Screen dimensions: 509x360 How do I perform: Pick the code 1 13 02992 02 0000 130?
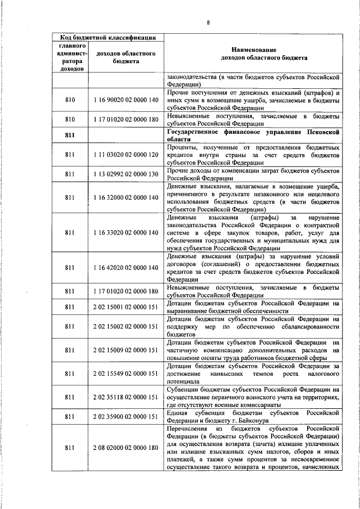tap(126, 174)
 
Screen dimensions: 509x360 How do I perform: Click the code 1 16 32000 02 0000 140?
tap(126, 197)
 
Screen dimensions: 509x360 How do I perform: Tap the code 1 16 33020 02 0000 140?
tap(126, 233)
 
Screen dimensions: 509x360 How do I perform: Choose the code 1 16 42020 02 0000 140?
tap(126, 268)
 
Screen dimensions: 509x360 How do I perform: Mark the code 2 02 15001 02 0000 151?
tap(126, 307)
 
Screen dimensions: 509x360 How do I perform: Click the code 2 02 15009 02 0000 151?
tap(126, 350)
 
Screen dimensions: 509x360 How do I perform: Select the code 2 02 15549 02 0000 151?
tap(126, 373)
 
